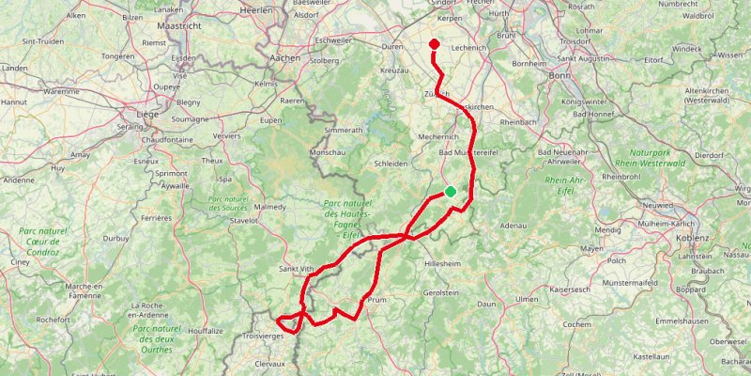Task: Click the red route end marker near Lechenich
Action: (x=434, y=44)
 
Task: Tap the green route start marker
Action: (x=451, y=191)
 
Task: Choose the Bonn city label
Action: (x=560, y=75)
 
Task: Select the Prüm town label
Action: (x=377, y=300)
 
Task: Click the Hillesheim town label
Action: (x=443, y=265)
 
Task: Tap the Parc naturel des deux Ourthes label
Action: (x=157, y=338)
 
